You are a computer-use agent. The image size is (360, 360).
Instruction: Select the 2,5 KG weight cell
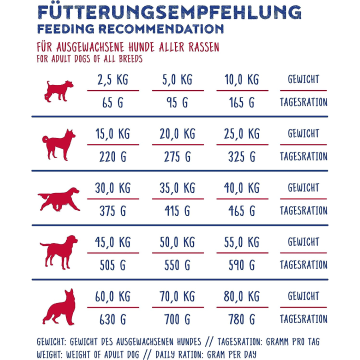click(112, 79)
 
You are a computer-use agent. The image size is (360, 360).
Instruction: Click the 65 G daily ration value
click(112, 103)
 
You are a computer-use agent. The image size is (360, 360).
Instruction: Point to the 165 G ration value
click(241, 103)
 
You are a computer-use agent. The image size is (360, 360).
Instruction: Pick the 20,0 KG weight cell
click(178, 134)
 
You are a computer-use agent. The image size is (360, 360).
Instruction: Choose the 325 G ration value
click(241, 157)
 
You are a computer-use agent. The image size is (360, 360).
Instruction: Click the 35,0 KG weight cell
click(178, 188)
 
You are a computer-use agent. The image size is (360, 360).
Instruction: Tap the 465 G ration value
click(241, 211)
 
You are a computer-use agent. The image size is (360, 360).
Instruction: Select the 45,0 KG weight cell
click(112, 242)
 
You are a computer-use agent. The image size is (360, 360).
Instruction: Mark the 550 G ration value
click(178, 265)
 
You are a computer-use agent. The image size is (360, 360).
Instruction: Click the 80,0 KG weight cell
click(241, 297)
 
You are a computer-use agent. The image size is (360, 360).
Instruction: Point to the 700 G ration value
click(178, 319)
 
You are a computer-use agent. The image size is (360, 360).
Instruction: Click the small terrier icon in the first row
click(58, 91)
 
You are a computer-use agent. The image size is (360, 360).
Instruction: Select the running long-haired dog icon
click(58, 199)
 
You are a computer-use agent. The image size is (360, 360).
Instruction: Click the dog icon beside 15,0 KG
click(58, 145)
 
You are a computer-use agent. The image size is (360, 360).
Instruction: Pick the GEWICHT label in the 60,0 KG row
click(303, 296)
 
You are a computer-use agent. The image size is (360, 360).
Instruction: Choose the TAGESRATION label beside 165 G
click(303, 102)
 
